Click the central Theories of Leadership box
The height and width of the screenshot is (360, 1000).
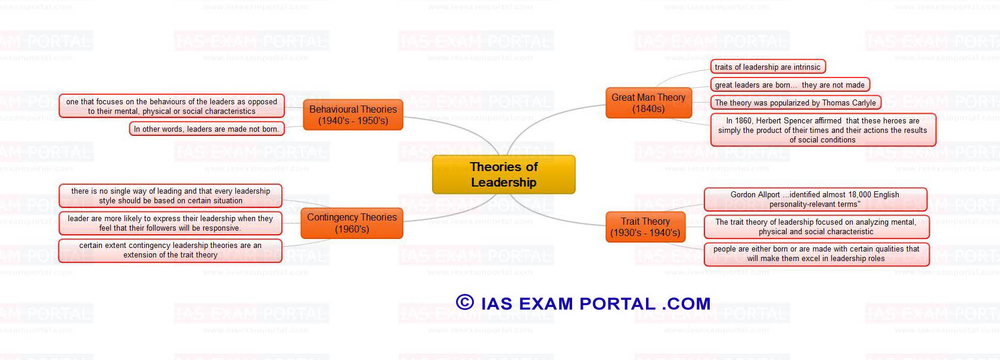(504, 174)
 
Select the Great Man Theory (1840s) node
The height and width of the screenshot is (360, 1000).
(648, 103)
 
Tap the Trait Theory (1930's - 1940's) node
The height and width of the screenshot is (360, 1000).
(645, 227)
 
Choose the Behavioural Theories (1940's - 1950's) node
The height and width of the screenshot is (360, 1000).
(353, 115)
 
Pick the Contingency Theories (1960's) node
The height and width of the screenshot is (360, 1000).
(352, 223)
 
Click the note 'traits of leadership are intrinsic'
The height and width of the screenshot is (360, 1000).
(768, 67)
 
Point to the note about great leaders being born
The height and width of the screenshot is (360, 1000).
(790, 85)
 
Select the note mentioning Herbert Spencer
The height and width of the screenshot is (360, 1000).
(823, 130)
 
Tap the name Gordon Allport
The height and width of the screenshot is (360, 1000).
(755, 195)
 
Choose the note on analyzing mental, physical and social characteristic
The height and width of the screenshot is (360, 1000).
(816, 227)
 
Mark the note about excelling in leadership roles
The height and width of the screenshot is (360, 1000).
(816, 254)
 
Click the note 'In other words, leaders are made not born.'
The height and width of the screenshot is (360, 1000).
(207, 129)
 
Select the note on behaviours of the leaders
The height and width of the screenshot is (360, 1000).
(172, 106)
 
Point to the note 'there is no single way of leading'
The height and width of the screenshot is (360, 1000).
(170, 196)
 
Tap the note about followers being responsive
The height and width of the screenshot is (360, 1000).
(170, 224)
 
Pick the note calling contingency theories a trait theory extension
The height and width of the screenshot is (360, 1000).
(170, 250)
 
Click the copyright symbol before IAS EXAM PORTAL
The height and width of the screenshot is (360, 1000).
(465, 302)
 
